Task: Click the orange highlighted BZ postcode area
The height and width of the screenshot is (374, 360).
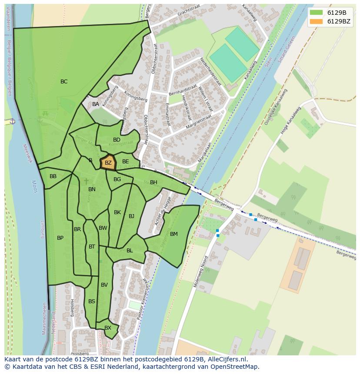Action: pyautogui.click(x=108, y=163)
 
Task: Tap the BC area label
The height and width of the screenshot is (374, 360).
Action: pyautogui.click(x=64, y=82)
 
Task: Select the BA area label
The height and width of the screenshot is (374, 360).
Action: pyautogui.click(x=96, y=104)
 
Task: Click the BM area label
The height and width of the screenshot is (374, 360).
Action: pyautogui.click(x=174, y=234)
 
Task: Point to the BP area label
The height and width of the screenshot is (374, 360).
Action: pyautogui.click(x=60, y=238)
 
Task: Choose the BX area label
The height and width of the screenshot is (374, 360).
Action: pyautogui.click(x=108, y=328)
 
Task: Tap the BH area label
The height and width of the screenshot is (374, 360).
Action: pyautogui.click(x=153, y=182)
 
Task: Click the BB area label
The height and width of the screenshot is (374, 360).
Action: pyautogui.click(x=53, y=176)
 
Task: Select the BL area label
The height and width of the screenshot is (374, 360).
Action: pyautogui.click(x=130, y=251)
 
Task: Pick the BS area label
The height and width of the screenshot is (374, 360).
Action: pyautogui.click(x=92, y=301)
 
